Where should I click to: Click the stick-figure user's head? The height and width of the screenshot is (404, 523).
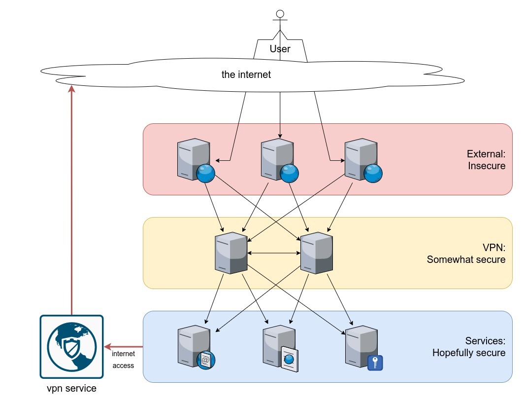[280, 13]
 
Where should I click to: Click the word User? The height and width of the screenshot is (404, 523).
[280, 49]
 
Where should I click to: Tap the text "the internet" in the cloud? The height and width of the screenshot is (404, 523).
[246, 75]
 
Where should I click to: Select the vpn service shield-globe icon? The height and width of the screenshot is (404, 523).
[71, 347]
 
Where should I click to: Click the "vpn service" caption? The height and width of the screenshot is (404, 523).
[71, 389]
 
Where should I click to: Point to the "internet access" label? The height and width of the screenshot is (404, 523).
[123, 360]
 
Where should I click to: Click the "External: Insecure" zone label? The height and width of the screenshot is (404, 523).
[487, 160]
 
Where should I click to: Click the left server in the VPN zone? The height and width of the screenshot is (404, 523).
[231, 253]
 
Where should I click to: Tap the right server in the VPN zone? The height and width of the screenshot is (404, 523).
[316, 253]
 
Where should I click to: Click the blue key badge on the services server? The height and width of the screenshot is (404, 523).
[375, 363]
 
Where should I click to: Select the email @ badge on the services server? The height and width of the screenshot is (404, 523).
[206, 360]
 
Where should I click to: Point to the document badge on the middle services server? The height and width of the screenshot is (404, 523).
[290, 360]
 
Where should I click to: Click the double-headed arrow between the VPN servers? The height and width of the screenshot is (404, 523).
[274, 254]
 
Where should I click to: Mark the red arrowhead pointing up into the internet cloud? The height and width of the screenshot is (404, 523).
[72, 89]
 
